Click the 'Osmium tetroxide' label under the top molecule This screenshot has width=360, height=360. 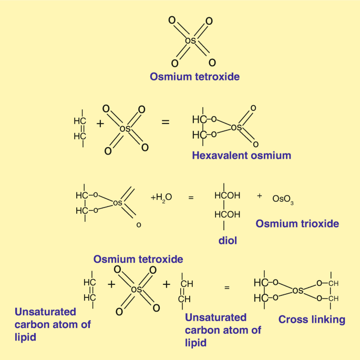(194, 77)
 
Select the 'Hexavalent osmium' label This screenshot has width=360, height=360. (241, 156)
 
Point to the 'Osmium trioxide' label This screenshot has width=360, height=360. (297, 224)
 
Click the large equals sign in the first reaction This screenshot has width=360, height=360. (166, 122)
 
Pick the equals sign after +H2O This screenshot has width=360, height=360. (191, 198)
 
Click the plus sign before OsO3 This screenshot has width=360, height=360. (259, 196)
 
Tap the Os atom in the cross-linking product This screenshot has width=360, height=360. (298, 290)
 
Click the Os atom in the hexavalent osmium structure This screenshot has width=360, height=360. (236, 127)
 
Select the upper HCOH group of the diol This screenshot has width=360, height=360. (227, 196)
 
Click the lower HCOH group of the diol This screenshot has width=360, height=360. (227, 214)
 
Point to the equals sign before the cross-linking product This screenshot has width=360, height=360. (227, 287)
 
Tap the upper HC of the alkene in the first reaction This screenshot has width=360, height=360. (80, 120)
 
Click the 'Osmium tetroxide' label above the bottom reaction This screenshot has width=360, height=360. (138, 259)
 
